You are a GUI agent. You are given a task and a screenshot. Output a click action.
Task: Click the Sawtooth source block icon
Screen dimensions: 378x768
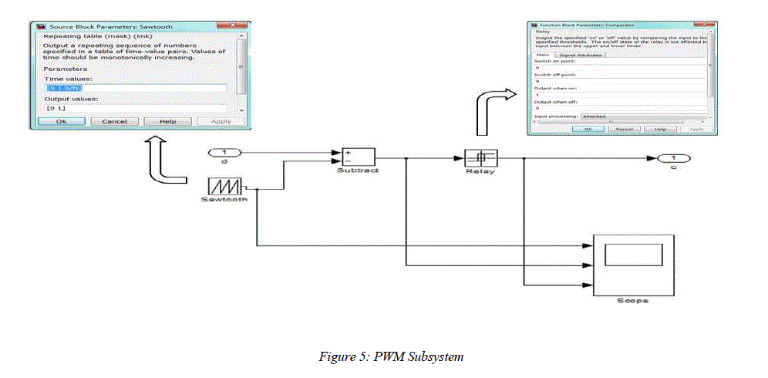225,187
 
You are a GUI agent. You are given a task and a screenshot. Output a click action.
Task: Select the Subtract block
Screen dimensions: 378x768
358,157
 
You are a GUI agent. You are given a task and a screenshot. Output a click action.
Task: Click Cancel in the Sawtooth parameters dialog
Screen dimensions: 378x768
114,121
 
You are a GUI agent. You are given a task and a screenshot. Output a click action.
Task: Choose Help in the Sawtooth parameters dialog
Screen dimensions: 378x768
167,121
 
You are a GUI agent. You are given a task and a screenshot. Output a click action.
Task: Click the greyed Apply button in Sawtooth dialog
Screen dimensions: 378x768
221,121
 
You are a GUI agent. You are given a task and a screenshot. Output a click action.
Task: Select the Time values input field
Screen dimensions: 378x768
135,89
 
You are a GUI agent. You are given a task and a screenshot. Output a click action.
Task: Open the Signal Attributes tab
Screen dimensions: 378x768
581,55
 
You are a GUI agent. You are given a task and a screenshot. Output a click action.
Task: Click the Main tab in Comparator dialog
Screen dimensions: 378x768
544,55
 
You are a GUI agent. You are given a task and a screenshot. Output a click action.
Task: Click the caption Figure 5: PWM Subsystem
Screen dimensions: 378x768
391,356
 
